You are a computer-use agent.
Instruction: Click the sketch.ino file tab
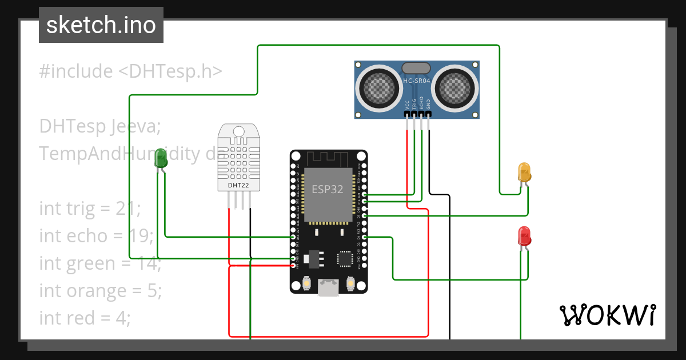pos(101,25)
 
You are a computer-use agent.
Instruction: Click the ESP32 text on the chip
pos(327,189)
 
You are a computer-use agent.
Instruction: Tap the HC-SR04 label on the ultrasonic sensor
pos(417,81)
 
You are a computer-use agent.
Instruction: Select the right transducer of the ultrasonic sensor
pos(456,87)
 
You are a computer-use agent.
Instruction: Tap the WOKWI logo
pos(607,315)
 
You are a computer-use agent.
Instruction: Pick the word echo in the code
pos(85,235)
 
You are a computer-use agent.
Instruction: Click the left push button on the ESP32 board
pos(306,283)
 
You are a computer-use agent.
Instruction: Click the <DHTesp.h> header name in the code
pos(170,71)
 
